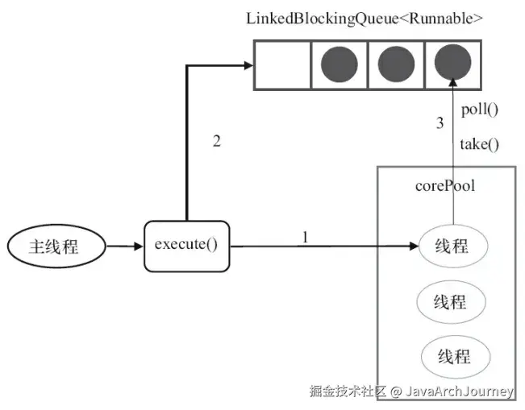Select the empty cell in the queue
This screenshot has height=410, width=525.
[283, 64]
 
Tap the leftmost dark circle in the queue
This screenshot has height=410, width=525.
[339, 64]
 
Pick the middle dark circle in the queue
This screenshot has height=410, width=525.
[394, 64]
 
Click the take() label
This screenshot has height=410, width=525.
[479, 145]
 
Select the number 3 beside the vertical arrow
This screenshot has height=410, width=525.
[440, 124]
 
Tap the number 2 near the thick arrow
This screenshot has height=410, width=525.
[216, 141]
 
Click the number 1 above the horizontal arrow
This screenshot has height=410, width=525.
[305, 237]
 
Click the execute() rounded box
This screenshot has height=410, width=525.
[186, 244]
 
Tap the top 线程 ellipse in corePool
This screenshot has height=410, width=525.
[452, 246]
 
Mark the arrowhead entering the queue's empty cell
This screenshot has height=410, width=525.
[248, 65]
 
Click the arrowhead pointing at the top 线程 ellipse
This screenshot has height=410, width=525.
[412, 246]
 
